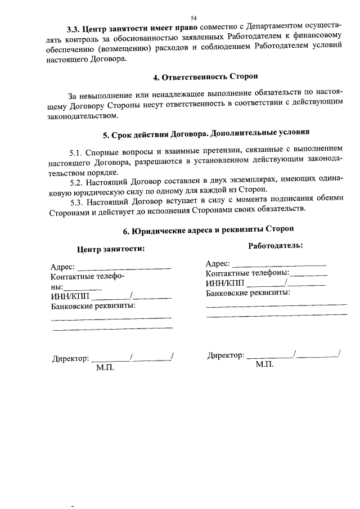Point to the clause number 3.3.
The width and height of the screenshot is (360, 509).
(73, 28)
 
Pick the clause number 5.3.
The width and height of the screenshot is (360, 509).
(76, 201)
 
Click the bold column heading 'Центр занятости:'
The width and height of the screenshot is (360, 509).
(111, 249)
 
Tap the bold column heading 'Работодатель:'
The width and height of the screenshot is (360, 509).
(276, 245)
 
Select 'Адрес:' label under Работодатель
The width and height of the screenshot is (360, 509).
(218, 263)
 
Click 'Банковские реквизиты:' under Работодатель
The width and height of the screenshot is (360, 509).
(247, 293)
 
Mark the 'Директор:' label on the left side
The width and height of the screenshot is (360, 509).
(70, 358)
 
